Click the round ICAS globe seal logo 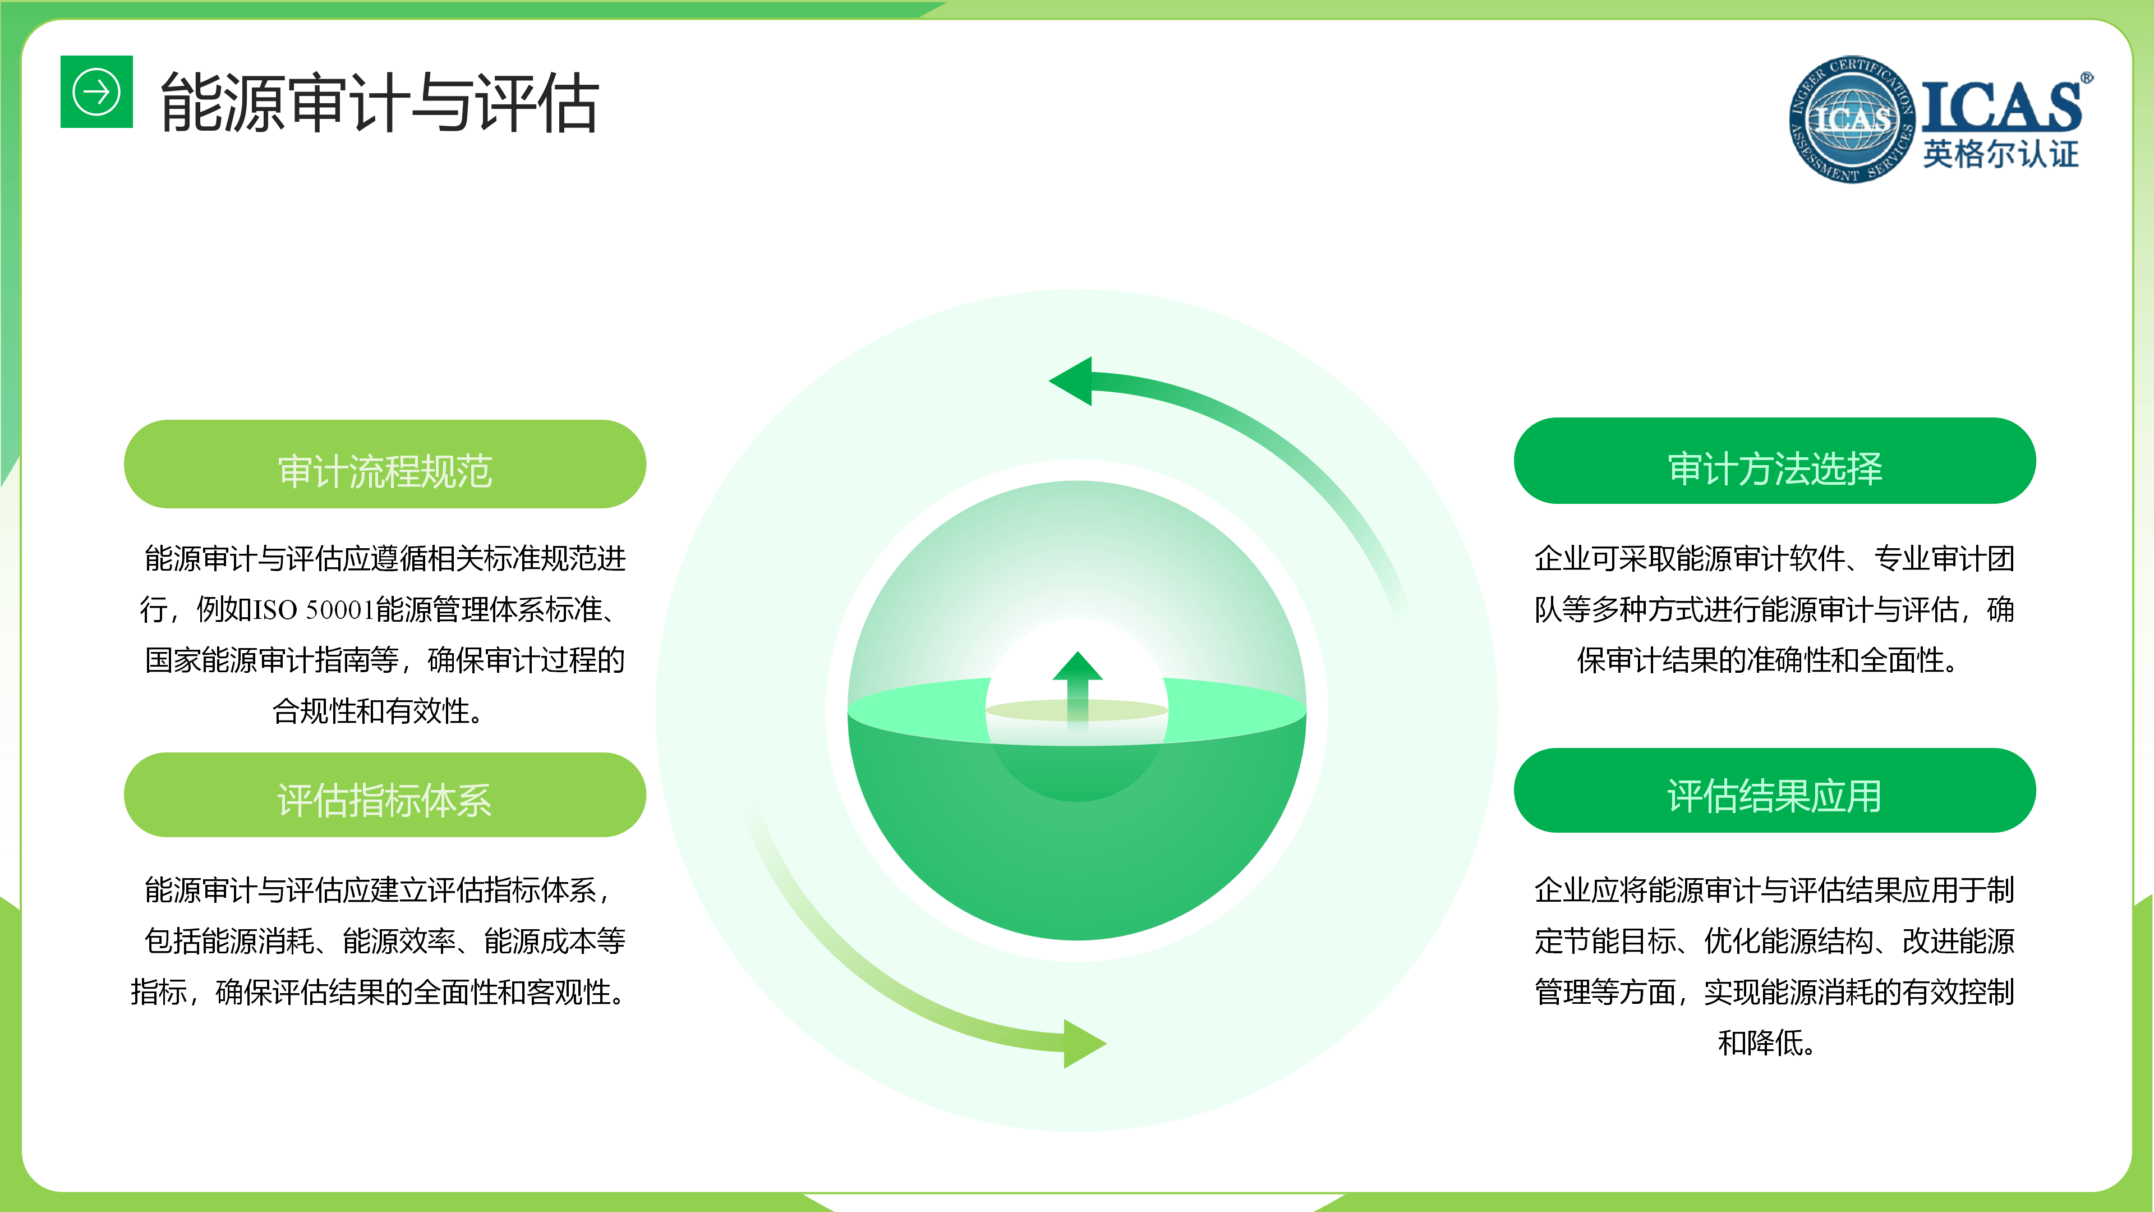1851,119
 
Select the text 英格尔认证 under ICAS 2000,154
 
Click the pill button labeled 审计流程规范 385,464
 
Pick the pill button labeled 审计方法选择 1774,461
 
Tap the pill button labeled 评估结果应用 1774,791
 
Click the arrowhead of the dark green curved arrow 1071,382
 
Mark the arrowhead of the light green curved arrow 1084,1043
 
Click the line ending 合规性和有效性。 378,711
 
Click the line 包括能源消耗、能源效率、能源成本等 385,941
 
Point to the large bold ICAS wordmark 2001,106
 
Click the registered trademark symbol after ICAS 2087,78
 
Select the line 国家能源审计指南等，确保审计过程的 385,660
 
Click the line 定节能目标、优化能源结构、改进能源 1774,941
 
